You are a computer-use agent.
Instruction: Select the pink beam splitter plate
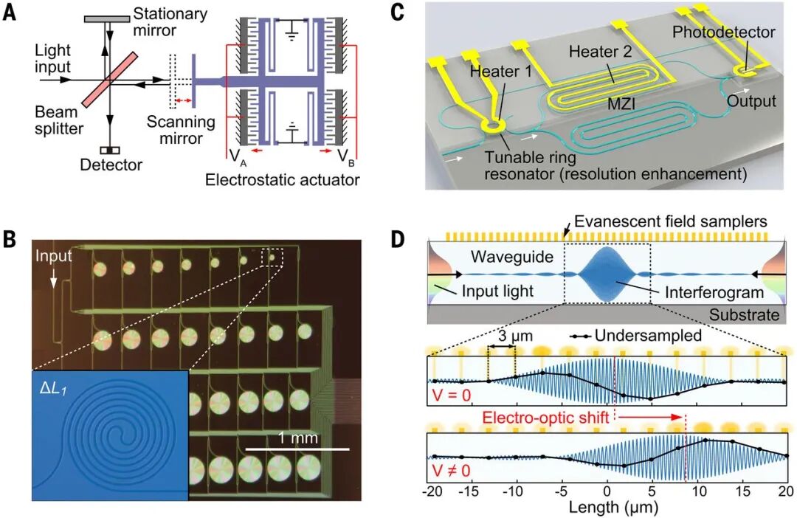[x=109, y=77]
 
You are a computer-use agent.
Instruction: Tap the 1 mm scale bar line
[x=297, y=448]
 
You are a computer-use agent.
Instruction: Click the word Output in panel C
[x=751, y=100]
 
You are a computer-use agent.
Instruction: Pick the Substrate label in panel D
[x=743, y=315]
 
